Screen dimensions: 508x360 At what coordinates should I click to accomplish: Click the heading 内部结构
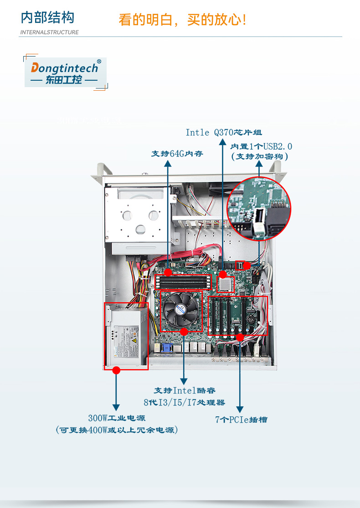47,18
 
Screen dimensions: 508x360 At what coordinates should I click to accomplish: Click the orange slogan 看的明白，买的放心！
182,20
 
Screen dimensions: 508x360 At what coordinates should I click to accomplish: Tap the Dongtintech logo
65,73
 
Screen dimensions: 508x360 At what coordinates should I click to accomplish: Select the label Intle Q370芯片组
223,133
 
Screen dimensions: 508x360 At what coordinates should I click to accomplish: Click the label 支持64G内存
177,154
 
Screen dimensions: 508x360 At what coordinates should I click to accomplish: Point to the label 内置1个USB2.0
261,146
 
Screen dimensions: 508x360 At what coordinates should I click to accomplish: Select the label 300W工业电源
117,418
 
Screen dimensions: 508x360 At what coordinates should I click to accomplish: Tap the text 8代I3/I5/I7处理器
184,403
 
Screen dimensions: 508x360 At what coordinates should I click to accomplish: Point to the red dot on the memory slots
168,272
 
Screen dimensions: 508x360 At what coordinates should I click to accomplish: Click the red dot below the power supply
116,370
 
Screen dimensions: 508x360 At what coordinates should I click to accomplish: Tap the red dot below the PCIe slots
240,337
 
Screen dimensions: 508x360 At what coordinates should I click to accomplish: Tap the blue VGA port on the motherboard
166,348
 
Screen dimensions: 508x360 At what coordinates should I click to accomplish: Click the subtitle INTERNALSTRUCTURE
50,32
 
